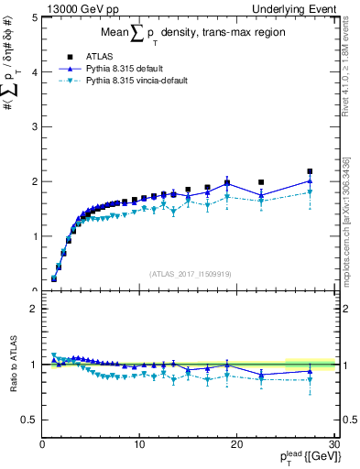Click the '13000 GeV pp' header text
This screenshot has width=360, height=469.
(x=78, y=8)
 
